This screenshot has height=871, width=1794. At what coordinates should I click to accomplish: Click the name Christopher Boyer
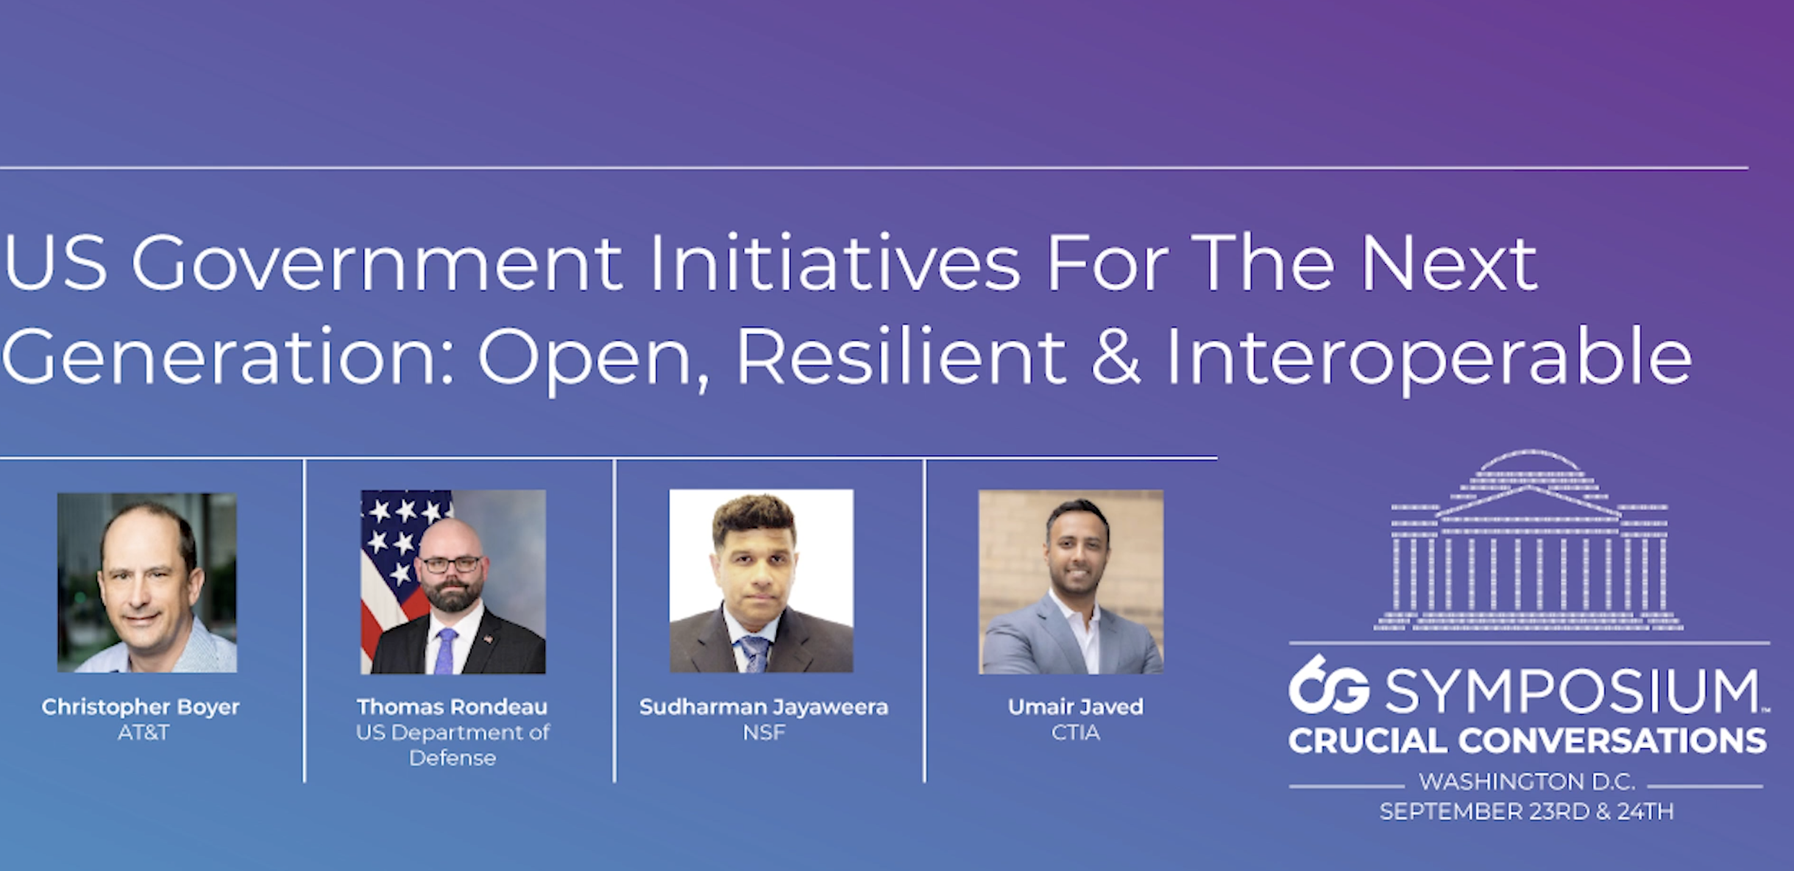point(141,708)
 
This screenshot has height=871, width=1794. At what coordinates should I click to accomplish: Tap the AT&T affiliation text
point(143,733)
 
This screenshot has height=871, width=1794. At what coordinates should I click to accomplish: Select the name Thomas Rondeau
point(453,707)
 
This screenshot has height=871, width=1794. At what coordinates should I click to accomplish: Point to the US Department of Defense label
point(453,745)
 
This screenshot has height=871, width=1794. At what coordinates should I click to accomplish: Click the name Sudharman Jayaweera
point(764,708)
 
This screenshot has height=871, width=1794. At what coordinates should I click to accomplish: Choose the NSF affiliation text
point(764,733)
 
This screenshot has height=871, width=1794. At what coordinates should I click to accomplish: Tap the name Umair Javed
point(1075,707)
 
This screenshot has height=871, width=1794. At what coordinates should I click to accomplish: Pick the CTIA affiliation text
point(1075,733)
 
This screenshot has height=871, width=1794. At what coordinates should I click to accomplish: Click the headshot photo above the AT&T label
point(147,583)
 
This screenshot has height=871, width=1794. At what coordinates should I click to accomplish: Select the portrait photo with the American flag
point(453,582)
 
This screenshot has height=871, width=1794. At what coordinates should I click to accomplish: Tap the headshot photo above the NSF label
point(762,581)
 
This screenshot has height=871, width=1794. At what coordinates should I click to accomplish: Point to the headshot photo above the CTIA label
point(1071,582)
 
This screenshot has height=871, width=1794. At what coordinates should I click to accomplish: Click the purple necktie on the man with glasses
point(445,652)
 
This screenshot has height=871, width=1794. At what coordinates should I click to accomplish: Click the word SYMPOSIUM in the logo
point(1573,692)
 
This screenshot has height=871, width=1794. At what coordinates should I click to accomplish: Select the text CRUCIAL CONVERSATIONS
point(1528,741)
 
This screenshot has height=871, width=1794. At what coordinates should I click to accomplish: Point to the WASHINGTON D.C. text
point(1527,781)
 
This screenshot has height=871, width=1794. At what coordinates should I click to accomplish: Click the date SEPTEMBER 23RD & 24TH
point(1527,811)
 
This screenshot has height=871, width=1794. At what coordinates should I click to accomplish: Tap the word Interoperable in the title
point(1430,358)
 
